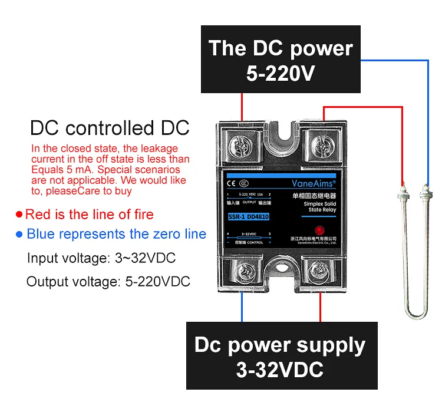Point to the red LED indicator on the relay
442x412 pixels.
[x=319, y=230]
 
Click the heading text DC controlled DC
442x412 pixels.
[x=110, y=128]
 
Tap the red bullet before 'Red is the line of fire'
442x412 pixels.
[x=19, y=215]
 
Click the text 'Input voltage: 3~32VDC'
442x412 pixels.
[x=101, y=258]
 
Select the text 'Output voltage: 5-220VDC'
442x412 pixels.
[x=108, y=281]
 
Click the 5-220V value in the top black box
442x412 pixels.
[x=280, y=74]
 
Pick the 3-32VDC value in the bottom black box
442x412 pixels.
[x=280, y=370]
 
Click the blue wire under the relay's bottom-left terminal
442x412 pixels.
[x=242, y=306]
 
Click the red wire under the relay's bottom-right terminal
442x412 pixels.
[x=321, y=306]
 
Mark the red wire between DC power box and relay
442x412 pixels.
[x=242, y=106]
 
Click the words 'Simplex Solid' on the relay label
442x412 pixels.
[x=319, y=203]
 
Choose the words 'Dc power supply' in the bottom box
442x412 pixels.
[x=280, y=345]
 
